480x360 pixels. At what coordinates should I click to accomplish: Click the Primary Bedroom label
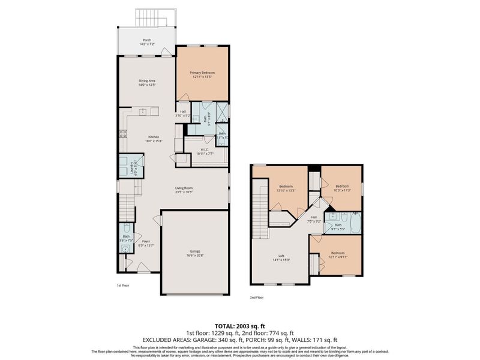[x=203, y=73]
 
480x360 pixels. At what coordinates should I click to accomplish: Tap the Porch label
[x=146, y=41]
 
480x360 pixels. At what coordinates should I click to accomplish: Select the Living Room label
[x=183, y=188]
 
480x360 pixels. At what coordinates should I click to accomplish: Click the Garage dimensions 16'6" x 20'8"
[x=195, y=254]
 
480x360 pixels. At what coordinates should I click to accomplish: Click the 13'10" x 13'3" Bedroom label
[x=285, y=187]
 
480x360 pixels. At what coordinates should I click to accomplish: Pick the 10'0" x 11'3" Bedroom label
[x=341, y=187]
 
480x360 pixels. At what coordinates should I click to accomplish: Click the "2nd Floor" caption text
[x=256, y=297]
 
